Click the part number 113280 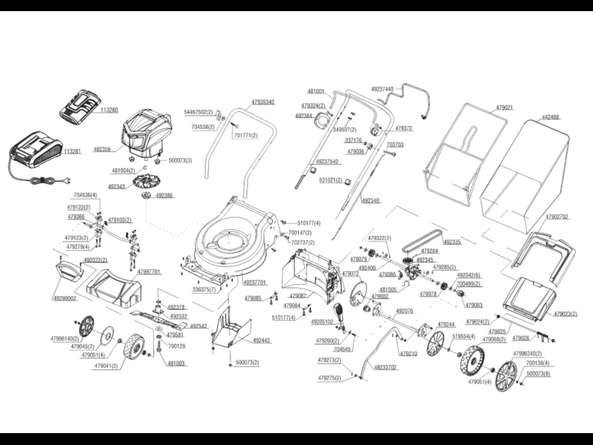[x=108, y=110]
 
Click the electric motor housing [x=148, y=133]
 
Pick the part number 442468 [x=551, y=116]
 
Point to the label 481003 [x=176, y=363]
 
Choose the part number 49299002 [x=65, y=297]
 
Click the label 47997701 [x=148, y=272]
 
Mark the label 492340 [x=371, y=200]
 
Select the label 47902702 [x=556, y=217]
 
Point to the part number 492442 [x=261, y=340]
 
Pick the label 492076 [x=405, y=311]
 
